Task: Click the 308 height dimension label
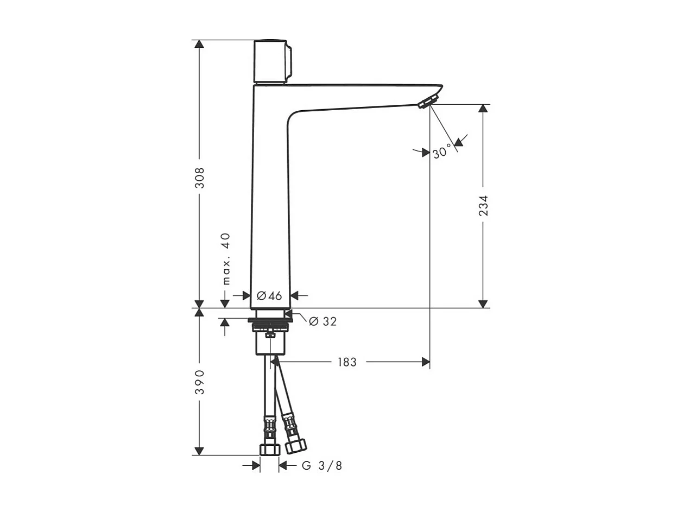pos(200,178)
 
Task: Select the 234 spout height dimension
pos(483,205)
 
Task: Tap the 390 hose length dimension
pos(200,382)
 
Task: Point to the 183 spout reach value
pos(346,362)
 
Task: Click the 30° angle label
pos(442,152)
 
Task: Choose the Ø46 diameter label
pos(269,295)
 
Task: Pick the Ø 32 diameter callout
pos(322,321)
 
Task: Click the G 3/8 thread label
pos(322,466)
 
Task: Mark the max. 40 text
pos(226,258)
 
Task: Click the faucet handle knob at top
pos(271,61)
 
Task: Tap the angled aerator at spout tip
pos(428,101)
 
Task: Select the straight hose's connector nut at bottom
pos(269,449)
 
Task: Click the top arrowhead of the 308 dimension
pos(200,44)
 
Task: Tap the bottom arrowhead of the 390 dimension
pos(200,451)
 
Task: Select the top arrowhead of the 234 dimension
pos(483,109)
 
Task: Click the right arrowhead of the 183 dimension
pos(426,362)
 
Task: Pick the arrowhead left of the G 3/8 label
pos(256,465)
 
